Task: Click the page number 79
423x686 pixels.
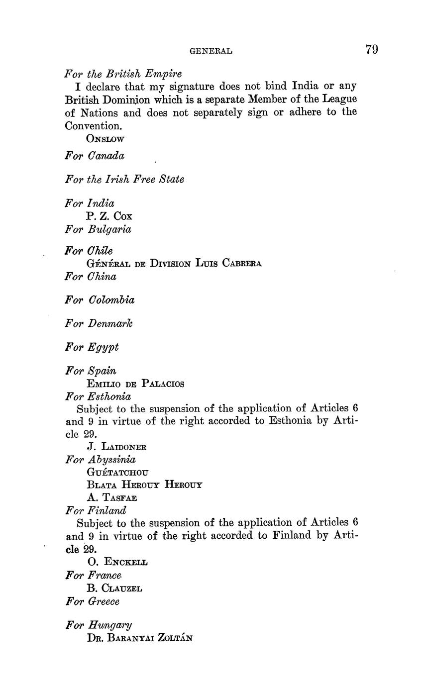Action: [372, 49]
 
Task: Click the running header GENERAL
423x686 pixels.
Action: [211, 51]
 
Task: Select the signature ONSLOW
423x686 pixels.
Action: [105, 139]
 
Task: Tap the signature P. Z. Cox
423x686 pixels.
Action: [109, 216]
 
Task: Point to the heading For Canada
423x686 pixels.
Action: [95, 156]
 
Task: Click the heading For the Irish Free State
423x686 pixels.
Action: [124, 179]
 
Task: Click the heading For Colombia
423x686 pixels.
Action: [100, 300]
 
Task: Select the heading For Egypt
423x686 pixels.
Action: [92, 347]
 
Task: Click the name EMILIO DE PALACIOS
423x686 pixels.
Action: [135, 384]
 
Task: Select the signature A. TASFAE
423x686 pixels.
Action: [111, 497]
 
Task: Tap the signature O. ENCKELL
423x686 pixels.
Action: [117, 563]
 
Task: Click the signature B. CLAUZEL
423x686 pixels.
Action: [114, 588]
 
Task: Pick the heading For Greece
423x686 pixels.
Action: [92, 601]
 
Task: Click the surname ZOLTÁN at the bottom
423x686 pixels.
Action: [175, 638]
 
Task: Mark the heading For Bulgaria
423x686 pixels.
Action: [98, 229]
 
